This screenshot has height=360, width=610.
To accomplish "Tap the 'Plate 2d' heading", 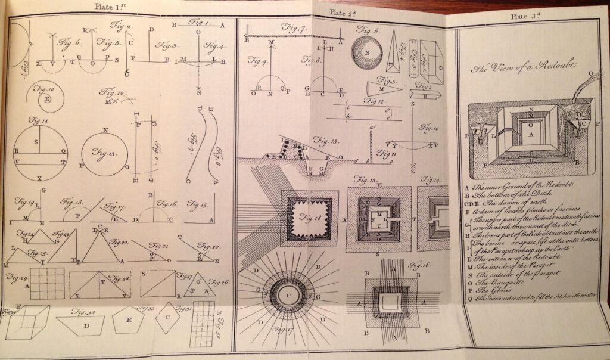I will tap(344, 11).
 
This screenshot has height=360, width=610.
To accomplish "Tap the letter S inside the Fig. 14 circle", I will tap(36, 141).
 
